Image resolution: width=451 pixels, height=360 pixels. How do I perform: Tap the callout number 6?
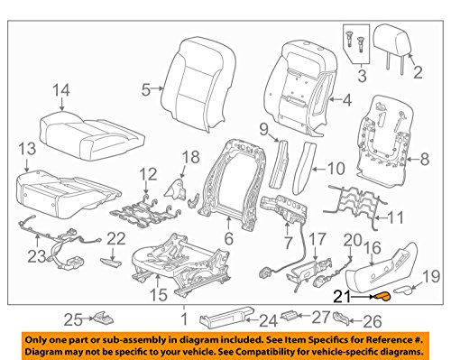[x=229, y=238]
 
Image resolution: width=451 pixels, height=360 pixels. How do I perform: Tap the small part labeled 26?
[x=345, y=317]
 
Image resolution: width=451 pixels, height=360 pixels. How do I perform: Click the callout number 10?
[x=334, y=166]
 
